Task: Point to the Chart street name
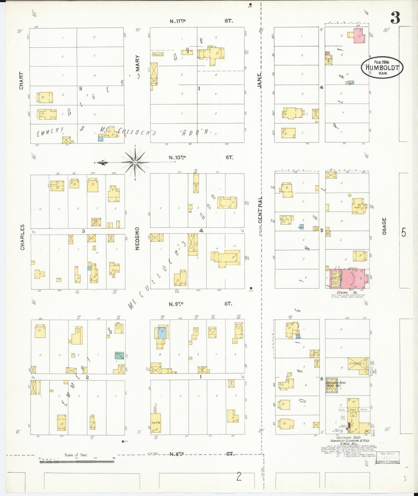point(21,81)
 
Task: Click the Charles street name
point(22,237)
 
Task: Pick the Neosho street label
point(137,238)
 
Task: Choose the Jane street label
point(259,80)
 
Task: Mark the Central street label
point(260,210)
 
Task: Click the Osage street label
point(384,226)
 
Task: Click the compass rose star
point(135,162)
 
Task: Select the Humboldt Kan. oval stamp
point(382,67)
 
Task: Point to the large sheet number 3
point(395,18)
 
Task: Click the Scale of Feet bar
point(77,461)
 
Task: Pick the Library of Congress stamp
point(388,458)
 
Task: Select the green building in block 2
point(119,355)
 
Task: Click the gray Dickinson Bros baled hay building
point(332,385)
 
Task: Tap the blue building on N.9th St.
point(162,332)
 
